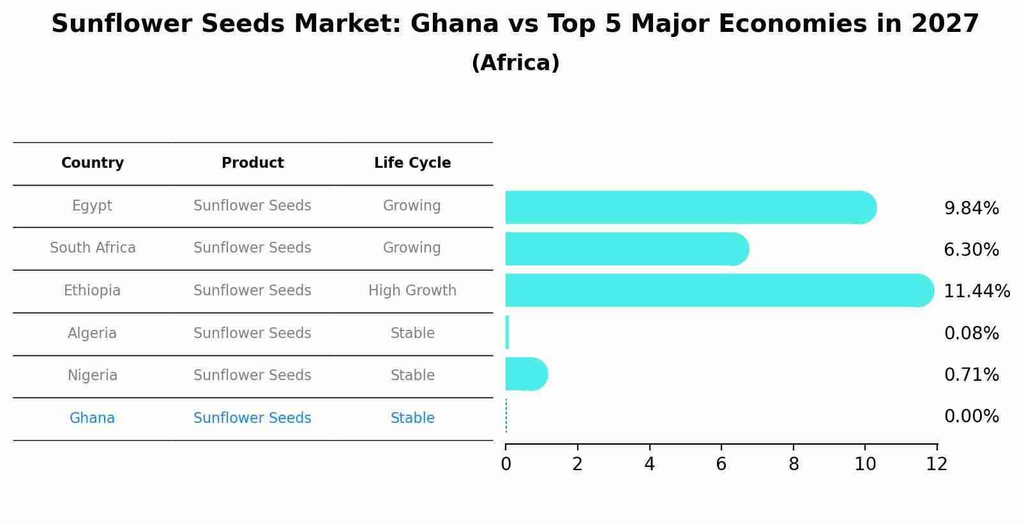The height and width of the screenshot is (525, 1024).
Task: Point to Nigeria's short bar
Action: coord(525,374)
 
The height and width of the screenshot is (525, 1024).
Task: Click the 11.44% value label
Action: coord(976,292)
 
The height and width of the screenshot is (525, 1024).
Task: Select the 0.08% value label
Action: coord(971,333)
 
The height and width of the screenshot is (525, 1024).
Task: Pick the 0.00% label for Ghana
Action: coord(971,417)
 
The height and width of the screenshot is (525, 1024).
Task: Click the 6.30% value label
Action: coord(971,250)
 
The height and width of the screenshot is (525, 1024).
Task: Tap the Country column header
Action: coord(93,163)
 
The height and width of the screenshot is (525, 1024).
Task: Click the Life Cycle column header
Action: coord(412,163)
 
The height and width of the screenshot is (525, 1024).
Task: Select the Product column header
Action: coord(252,163)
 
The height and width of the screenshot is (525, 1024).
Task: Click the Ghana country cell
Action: coord(92,418)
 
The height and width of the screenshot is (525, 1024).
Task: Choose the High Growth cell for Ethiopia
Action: coord(412,291)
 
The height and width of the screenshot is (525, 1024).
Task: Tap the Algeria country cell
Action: coord(92,334)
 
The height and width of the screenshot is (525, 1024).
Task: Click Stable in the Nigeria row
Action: coord(412,376)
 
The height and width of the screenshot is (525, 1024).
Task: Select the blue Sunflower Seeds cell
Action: coord(252,418)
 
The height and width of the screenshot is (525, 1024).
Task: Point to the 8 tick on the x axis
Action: coord(794,464)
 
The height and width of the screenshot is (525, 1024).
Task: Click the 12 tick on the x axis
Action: coord(937,464)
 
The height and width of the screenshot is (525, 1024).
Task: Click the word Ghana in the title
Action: coord(455,24)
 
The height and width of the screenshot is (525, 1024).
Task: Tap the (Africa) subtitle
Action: coord(515,63)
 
